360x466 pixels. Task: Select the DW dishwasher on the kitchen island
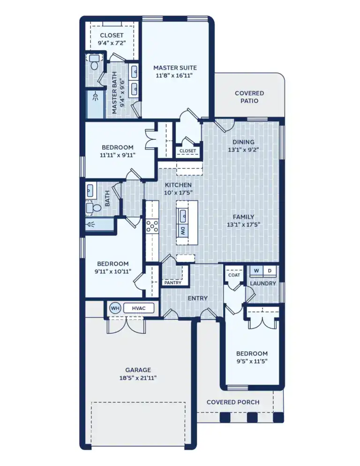point(182,231)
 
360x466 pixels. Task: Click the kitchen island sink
point(182,216)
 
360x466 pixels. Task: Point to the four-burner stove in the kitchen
point(152,226)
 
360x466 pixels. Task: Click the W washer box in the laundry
point(256,271)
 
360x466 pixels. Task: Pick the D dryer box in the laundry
point(269,271)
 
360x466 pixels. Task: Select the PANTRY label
point(172,283)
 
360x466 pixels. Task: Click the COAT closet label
point(234,275)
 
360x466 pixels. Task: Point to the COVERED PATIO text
point(249,97)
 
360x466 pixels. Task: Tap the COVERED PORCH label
point(233,402)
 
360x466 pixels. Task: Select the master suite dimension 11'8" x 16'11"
point(174,75)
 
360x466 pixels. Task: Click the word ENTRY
point(198,298)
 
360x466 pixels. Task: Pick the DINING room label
point(243,142)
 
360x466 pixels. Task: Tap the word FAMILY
point(243,217)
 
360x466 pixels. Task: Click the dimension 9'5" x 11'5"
point(252,361)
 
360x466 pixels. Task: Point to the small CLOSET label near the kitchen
point(187,151)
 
